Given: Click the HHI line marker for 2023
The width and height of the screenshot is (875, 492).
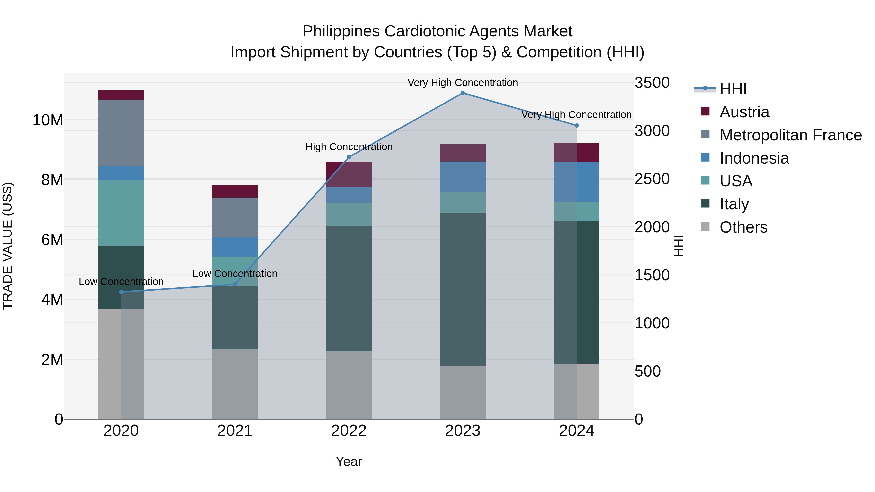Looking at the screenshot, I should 463,93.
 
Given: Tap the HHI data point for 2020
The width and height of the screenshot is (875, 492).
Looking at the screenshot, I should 121,292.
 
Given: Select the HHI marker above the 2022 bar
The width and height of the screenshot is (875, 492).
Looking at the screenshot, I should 349,157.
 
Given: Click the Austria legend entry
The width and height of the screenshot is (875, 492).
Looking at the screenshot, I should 744,112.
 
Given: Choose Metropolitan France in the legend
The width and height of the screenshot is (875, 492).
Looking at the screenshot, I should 790,135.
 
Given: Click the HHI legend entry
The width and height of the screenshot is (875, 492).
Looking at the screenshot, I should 733,89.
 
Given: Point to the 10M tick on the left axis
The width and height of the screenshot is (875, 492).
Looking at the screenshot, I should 48,120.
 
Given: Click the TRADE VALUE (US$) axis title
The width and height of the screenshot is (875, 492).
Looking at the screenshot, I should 8,246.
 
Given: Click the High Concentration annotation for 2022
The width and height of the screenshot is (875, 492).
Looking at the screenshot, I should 349,147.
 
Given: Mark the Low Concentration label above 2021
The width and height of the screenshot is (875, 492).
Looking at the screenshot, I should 235,274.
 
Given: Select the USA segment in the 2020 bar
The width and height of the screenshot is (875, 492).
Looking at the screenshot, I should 121,213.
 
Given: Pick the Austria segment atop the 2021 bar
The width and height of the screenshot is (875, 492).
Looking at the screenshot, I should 235,191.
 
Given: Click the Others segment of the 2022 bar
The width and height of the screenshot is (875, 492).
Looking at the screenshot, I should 349,385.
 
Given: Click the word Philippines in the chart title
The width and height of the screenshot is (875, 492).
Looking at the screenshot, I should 341,32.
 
